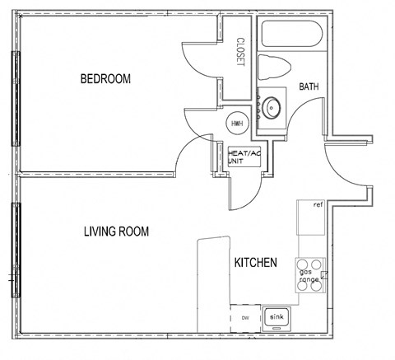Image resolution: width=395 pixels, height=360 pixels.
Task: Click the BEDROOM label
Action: [x=105, y=79]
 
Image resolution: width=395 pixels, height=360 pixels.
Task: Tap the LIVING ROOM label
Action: [x=116, y=231]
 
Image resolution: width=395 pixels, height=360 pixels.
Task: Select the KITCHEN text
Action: [x=256, y=263]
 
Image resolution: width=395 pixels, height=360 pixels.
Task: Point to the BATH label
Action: [x=309, y=86]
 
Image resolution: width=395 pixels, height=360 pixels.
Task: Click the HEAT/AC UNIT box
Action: [x=244, y=157]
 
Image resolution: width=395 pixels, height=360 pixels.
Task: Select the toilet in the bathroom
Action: [x=271, y=67]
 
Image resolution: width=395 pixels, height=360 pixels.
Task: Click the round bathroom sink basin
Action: [x=271, y=105]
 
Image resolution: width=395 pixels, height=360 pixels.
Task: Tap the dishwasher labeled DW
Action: [x=244, y=317]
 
